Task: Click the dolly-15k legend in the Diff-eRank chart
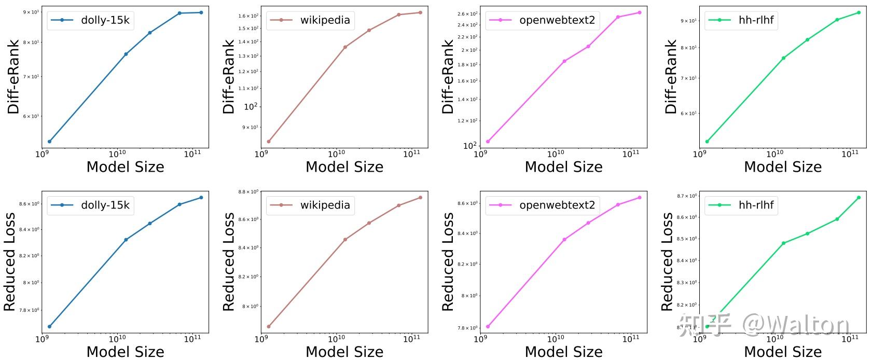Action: click(x=90, y=20)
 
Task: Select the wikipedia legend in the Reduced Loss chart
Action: click(x=310, y=205)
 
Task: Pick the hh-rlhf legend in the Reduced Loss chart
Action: click(x=741, y=205)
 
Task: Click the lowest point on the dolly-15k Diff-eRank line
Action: click(x=49, y=142)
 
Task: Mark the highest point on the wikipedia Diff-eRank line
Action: click(x=420, y=12)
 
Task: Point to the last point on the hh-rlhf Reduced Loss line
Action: click(x=859, y=198)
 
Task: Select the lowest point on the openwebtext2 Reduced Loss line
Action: click(x=488, y=326)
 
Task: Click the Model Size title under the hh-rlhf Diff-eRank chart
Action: click(x=783, y=167)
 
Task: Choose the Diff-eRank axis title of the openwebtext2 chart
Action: click(x=448, y=77)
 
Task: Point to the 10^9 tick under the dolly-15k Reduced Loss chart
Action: click(x=41, y=339)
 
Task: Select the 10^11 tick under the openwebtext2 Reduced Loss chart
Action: click(x=631, y=339)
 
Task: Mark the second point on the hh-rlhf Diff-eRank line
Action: click(x=783, y=58)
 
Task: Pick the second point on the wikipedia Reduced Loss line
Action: click(x=345, y=240)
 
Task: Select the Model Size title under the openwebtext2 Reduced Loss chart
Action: click(x=563, y=352)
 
